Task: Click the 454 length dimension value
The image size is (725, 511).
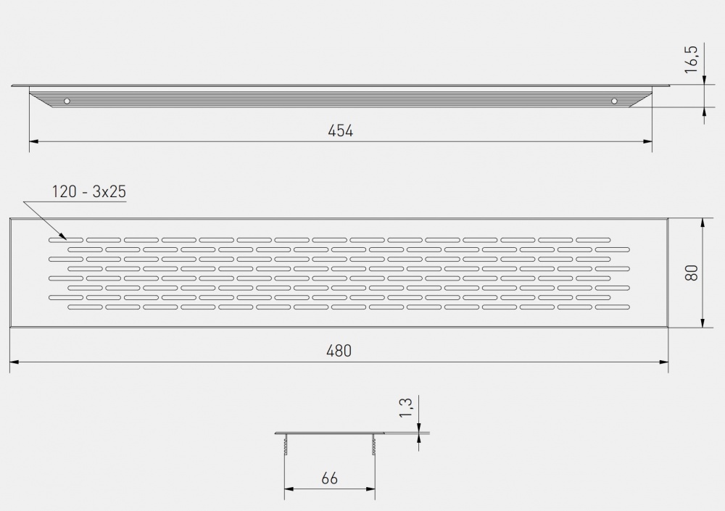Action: pos(340,130)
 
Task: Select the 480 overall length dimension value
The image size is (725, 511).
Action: pos(339,350)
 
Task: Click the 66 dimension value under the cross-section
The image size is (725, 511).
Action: pos(329,478)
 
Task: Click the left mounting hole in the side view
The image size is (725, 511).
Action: pos(67,101)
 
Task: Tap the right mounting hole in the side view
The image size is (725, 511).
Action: pos(614,101)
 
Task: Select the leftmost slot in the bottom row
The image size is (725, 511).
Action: pos(85,307)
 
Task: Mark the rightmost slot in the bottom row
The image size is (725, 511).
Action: pos(612,307)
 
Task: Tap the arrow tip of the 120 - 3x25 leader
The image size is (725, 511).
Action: pos(66,237)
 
